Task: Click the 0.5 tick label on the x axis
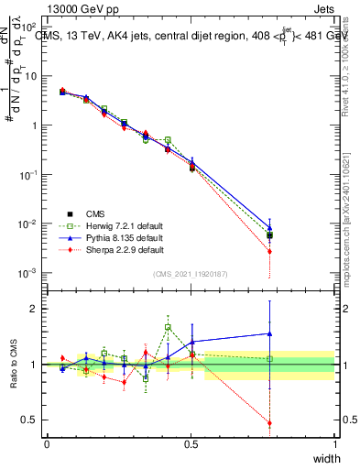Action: [x=191, y=444]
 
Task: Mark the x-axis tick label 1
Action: [x=335, y=444]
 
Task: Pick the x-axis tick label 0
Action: [x=47, y=444]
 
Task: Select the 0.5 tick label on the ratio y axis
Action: [x=30, y=420]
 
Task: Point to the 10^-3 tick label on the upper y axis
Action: [x=29, y=273]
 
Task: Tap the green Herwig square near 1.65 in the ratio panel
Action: [x=168, y=327]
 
